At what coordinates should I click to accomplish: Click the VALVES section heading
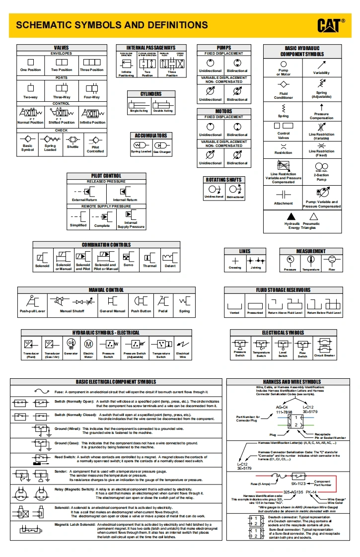tap(62, 48)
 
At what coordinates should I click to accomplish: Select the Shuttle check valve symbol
tap(73, 139)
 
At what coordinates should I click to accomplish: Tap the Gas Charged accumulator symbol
tap(162, 145)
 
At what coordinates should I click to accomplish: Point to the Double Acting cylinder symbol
tap(163, 104)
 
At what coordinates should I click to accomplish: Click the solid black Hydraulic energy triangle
tap(291, 216)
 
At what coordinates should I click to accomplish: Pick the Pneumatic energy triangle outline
tap(313, 216)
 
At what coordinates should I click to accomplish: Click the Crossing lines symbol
tap(235, 261)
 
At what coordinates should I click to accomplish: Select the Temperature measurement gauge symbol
tap(311, 260)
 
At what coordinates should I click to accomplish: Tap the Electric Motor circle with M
tap(88, 344)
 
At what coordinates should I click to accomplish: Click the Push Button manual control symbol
tap(141, 301)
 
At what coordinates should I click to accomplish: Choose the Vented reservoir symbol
tap(234, 304)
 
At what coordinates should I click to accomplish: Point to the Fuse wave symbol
tap(42, 391)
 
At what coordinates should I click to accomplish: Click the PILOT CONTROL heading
tap(106, 176)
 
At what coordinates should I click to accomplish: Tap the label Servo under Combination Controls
tap(128, 265)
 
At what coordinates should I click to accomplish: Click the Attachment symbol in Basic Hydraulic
tap(284, 194)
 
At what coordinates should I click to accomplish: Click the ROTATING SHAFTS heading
tap(224, 180)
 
